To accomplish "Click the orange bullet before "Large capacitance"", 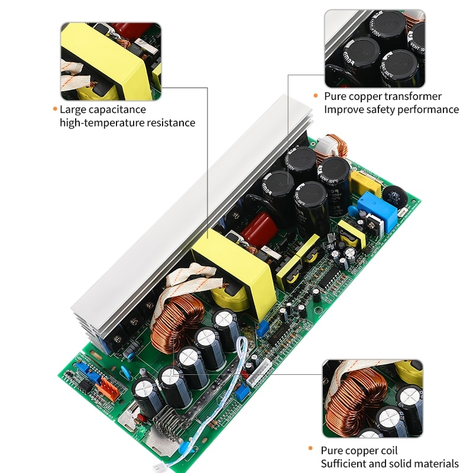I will click(55, 109).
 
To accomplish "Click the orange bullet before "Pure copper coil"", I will click(311, 451).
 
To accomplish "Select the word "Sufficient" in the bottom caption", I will click(344, 464).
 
